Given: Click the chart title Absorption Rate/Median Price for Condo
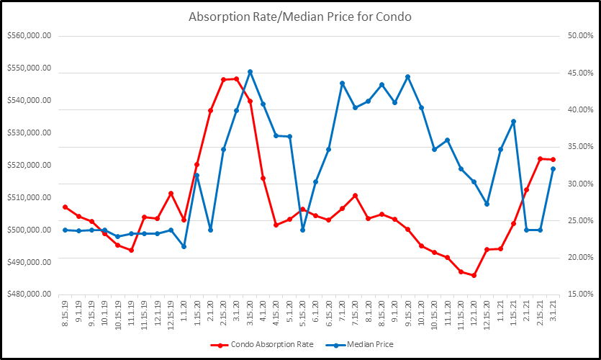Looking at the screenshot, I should [x=299, y=17].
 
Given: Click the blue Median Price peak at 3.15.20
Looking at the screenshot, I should [x=250, y=72].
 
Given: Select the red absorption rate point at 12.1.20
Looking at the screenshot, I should [x=474, y=275].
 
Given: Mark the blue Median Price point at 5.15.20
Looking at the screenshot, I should [x=302, y=230].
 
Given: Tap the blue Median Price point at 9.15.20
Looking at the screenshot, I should [x=408, y=76].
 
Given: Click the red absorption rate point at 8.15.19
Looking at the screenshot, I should [x=65, y=207].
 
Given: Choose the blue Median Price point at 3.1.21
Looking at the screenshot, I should [x=553, y=168].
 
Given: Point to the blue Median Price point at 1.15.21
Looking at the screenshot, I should [x=513, y=122].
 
